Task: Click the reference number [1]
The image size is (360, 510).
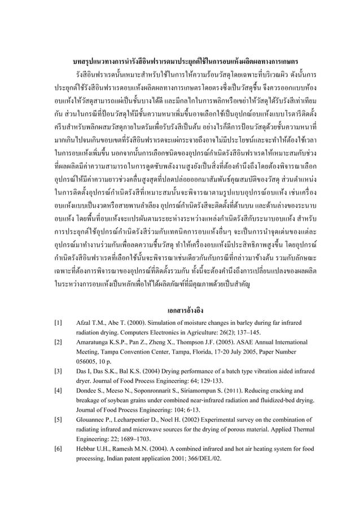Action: [x=58, y=322]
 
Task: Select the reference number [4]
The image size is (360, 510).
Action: [x=58, y=390]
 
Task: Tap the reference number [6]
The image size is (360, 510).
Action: [x=58, y=449]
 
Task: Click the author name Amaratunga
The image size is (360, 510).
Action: [x=93, y=342]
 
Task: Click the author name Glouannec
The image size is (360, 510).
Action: [x=91, y=420]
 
